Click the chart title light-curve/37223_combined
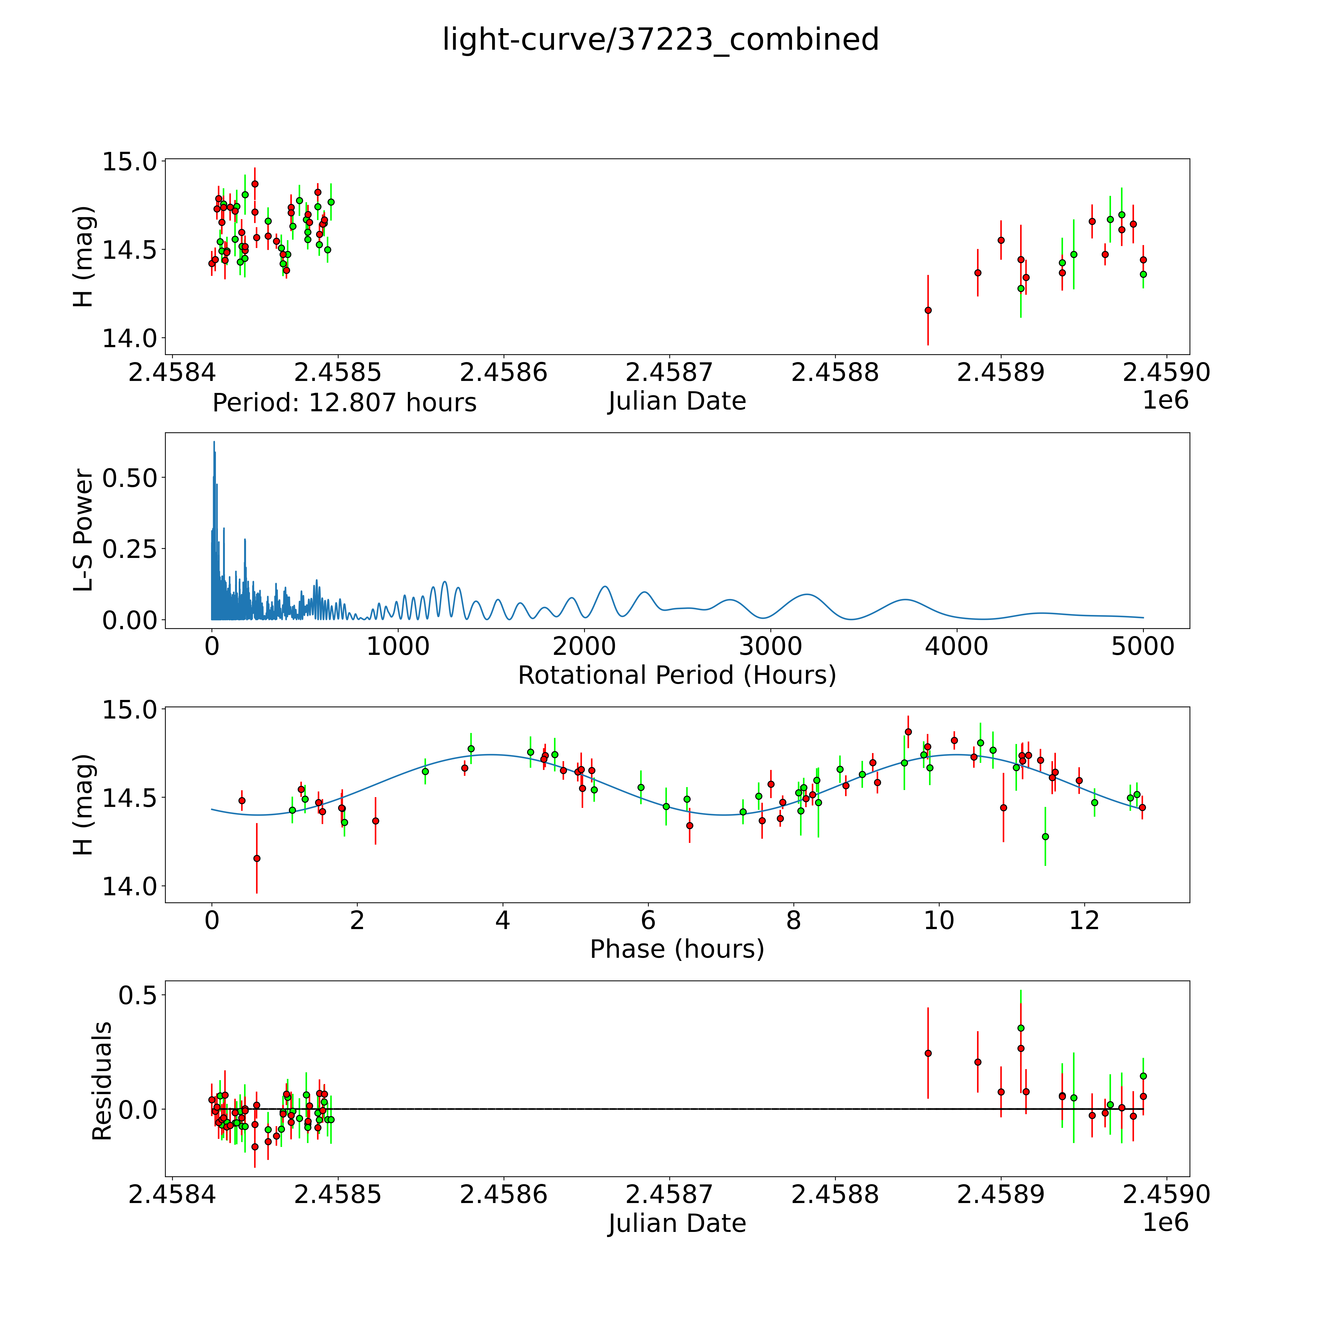(x=660, y=40)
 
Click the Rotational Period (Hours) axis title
(x=677, y=675)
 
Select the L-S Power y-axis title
(x=83, y=530)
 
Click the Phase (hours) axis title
(x=677, y=949)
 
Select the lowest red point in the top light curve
(x=928, y=310)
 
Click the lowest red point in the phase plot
(x=257, y=858)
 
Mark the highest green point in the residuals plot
(x=1021, y=1028)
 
